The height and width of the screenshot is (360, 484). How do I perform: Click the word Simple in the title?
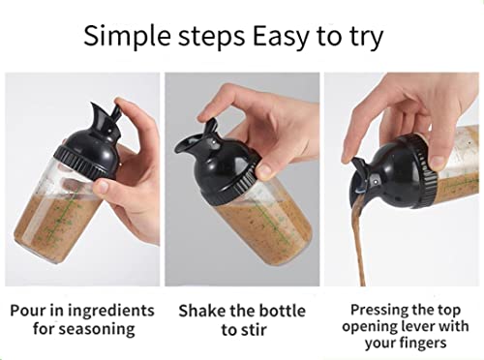point(128,38)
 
